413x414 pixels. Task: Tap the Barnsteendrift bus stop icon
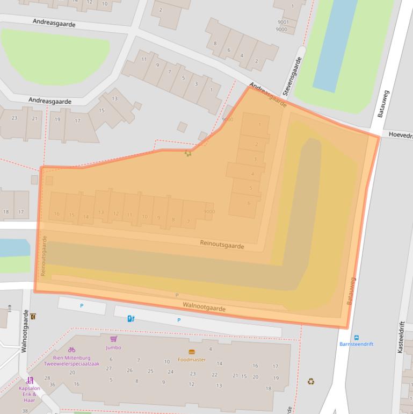[x=357, y=338]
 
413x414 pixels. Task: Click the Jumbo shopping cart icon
[x=113, y=339]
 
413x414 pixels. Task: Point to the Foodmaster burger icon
[x=192, y=352]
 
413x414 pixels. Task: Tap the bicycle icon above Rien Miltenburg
[x=71, y=349]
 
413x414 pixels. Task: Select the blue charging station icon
[x=131, y=318]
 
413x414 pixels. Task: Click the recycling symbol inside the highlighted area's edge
[x=188, y=153]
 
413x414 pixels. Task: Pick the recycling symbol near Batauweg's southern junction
[x=310, y=382]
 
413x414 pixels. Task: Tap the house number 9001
[x=283, y=22]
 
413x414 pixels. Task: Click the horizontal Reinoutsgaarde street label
[x=222, y=245]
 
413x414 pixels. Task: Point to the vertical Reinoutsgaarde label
[x=44, y=256]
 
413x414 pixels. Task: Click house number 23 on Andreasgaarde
[x=15, y=118]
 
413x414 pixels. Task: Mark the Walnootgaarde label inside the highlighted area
[x=204, y=308]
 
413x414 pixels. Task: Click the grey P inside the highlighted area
[x=177, y=295]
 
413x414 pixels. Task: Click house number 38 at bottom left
[x=25, y=411]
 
